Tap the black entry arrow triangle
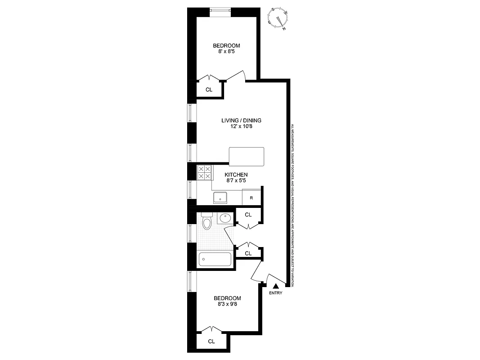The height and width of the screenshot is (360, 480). [276, 285]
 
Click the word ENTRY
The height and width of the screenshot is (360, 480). [276, 293]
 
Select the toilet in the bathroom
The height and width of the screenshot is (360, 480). [207, 222]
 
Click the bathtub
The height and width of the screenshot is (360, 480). [215, 259]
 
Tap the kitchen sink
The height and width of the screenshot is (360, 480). [220, 197]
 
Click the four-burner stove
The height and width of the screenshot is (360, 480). [204, 173]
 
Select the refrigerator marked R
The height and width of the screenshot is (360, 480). [251, 198]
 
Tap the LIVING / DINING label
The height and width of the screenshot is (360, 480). [241, 121]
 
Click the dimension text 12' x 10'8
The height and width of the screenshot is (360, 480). [241, 127]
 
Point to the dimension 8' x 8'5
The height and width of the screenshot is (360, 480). [226, 52]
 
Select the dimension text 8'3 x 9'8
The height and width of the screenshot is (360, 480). [227, 305]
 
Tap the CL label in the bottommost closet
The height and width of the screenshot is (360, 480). [211, 342]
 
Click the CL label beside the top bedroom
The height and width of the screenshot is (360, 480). [209, 90]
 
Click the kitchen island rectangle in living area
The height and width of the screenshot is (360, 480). [246, 156]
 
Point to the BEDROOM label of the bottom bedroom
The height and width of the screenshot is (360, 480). [227, 298]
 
